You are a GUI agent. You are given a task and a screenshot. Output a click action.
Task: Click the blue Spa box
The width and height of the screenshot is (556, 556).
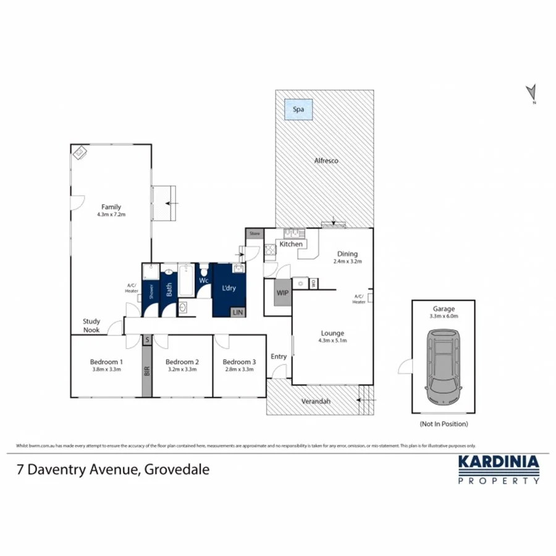(298, 110)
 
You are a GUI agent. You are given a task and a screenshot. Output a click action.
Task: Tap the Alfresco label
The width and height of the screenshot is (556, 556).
(326, 161)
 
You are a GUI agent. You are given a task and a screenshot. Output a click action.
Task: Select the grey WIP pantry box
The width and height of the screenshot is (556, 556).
(283, 292)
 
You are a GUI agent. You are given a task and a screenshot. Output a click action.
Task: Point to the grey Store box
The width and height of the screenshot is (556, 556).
(254, 234)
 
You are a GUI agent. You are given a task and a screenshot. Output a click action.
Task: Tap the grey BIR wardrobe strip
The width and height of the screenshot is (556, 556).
(146, 371)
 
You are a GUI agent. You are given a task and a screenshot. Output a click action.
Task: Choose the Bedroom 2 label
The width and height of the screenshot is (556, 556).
(182, 362)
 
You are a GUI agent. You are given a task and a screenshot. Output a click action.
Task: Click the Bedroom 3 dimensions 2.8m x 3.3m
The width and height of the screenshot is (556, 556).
(239, 369)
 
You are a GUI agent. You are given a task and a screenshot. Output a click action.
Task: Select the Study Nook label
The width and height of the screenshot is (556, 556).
(93, 325)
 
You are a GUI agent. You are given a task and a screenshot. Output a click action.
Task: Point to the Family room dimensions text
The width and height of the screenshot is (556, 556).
(111, 214)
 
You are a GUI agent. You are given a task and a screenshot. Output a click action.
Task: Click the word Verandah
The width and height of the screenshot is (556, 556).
(316, 402)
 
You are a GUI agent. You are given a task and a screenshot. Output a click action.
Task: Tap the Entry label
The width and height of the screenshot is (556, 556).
(279, 356)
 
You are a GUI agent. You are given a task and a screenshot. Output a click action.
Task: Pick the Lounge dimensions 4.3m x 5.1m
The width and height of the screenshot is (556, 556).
(332, 340)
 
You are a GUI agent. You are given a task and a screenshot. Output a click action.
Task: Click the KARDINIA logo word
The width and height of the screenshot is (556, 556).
(498, 463)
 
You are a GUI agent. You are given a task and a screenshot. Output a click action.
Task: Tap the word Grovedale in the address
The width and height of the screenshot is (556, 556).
(177, 469)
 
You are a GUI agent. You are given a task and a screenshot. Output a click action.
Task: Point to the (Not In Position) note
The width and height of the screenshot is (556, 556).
(443, 424)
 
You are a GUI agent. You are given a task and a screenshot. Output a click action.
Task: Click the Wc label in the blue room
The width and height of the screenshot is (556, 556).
(203, 280)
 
